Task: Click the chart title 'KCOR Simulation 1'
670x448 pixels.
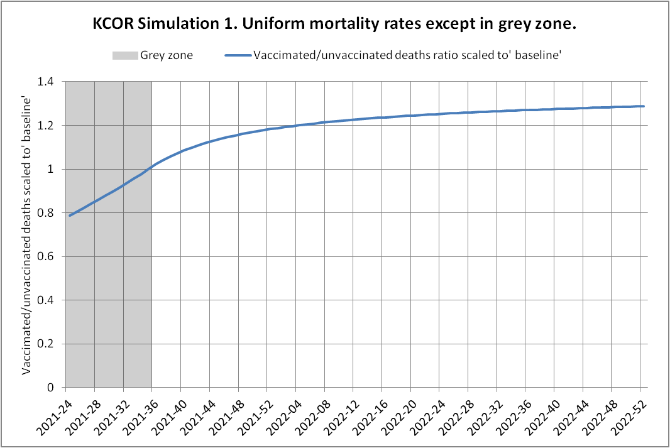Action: pyautogui.click(x=334, y=26)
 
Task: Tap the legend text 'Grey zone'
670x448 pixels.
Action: pyautogui.click(x=167, y=55)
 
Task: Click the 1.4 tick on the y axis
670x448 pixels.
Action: pyautogui.click(x=51, y=82)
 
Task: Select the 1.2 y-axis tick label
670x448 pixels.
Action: pyautogui.click(x=51, y=126)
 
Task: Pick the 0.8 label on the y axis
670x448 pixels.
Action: pyautogui.click(x=51, y=213)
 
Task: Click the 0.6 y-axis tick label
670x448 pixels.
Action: pyautogui.click(x=51, y=256)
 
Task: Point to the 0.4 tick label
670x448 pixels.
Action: pyautogui.click(x=51, y=300)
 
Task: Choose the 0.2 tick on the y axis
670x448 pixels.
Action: pyautogui.click(x=51, y=344)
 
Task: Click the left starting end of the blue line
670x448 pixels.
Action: pyautogui.click(x=70, y=216)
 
